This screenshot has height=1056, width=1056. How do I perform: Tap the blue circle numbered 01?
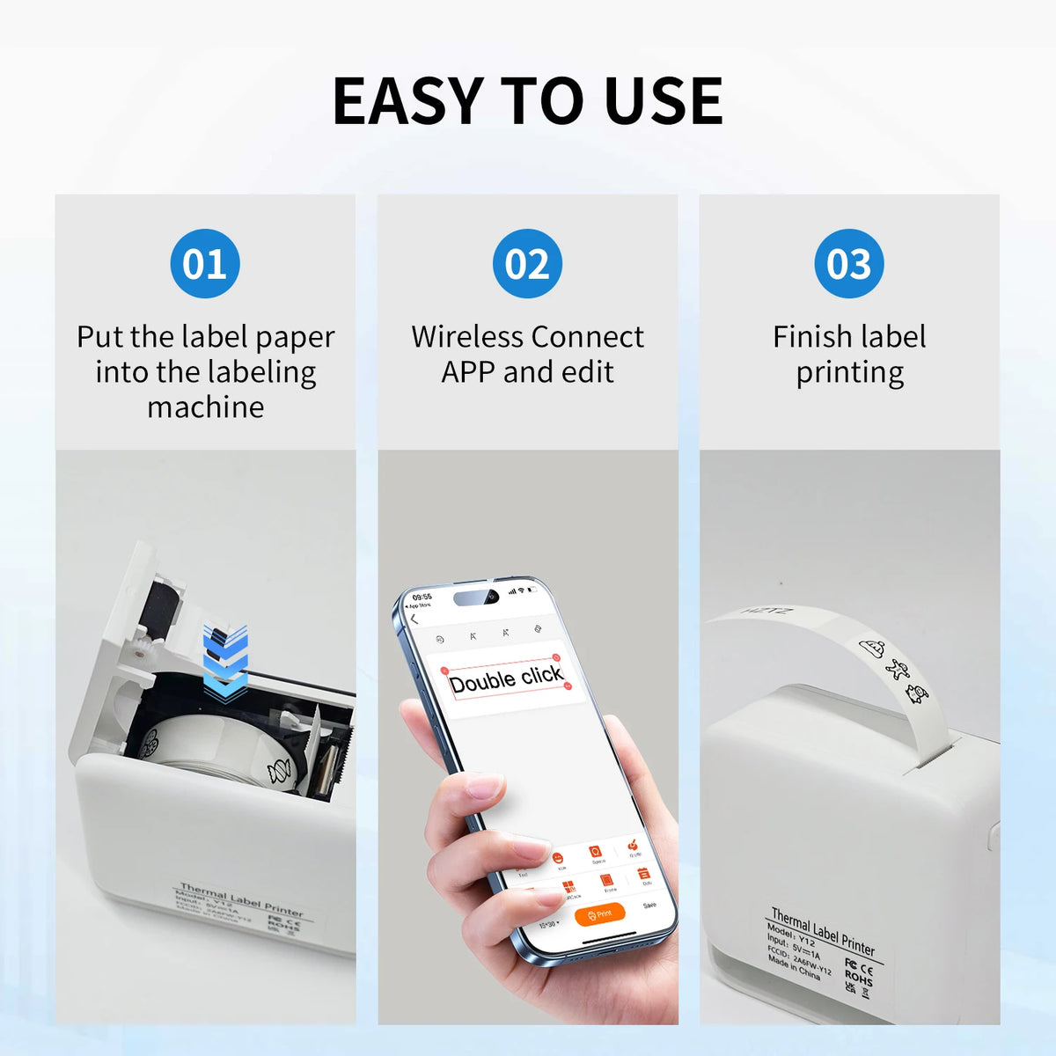click(x=205, y=264)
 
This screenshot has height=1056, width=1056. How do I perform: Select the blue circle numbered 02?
click(x=527, y=264)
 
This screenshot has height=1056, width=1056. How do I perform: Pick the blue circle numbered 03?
click(x=849, y=264)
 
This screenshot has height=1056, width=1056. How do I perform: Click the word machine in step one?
click(x=205, y=407)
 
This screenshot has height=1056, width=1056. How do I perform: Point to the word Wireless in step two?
click(x=467, y=337)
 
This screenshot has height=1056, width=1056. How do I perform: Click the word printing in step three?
click(x=849, y=373)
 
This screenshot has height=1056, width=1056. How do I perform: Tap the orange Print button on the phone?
click(x=599, y=914)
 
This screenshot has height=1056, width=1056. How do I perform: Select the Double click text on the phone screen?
click(x=505, y=678)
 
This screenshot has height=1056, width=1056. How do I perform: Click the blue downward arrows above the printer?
click(x=225, y=664)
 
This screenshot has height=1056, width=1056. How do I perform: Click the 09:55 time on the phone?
click(x=422, y=597)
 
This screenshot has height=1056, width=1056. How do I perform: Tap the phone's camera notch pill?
click(x=476, y=598)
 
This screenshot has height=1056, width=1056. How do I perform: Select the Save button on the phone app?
click(x=649, y=906)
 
